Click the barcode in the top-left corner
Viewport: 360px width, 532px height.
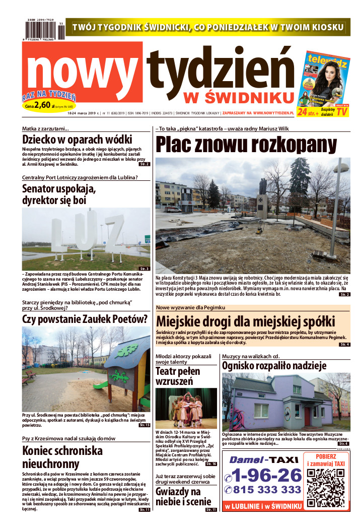click(43, 30)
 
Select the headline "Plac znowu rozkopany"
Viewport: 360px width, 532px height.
click(245, 145)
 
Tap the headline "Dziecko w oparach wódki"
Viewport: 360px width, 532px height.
click(77, 140)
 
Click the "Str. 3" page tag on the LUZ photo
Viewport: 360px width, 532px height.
click(145, 269)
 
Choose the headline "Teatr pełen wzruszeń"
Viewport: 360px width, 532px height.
click(174, 376)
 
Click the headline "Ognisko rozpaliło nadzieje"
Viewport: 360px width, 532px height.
click(274, 366)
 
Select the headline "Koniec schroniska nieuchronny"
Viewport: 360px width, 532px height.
click(58, 457)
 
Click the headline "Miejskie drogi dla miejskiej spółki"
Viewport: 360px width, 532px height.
click(245, 321)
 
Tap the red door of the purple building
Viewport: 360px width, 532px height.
click(307, 417)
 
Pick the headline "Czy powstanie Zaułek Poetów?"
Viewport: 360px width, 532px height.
click(85, 318)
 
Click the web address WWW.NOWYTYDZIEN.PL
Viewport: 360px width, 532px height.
click(277, 113)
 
